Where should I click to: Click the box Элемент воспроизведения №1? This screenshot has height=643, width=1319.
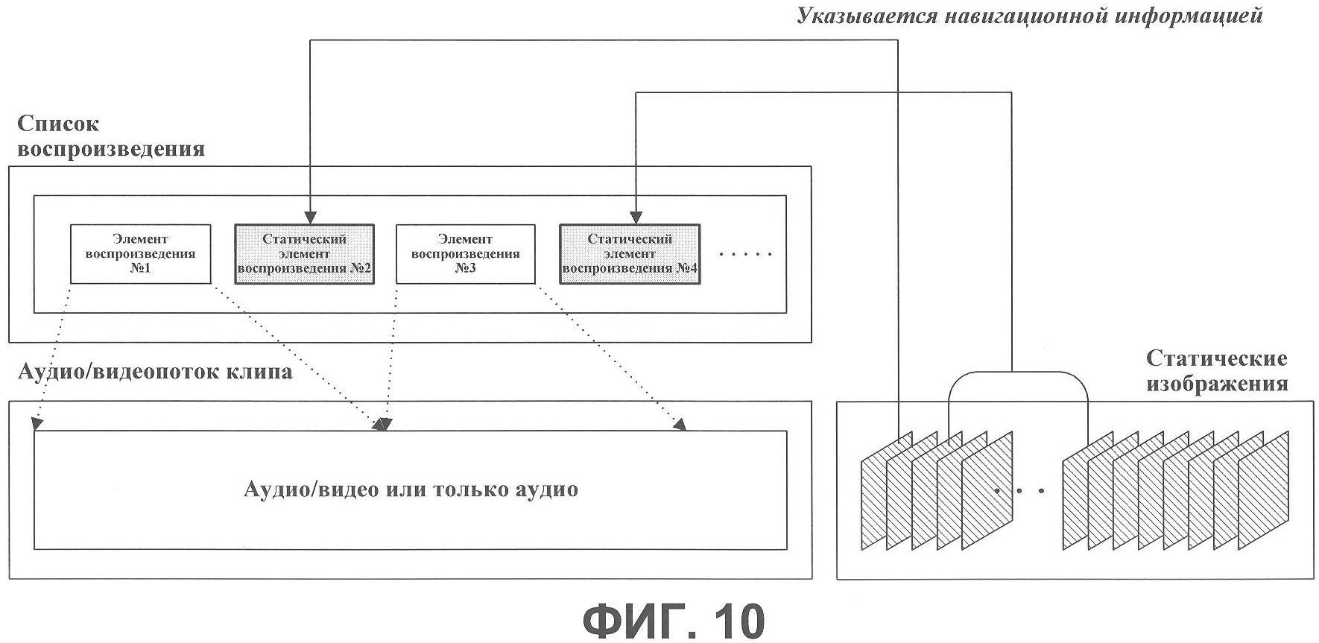click(x=140, y=254)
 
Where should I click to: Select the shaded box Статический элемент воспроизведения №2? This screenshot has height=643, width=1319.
click(x=304, y=254)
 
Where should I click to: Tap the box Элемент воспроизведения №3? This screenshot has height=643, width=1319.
click(x=465, y=254)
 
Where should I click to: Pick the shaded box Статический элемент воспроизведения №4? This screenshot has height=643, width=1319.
click(x=630, y=254)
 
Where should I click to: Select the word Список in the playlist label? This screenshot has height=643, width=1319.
click(x=58, y=123)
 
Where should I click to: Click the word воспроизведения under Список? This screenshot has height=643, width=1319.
click(x=111, y=149)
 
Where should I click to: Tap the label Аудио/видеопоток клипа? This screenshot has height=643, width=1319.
click(x=155, y=371)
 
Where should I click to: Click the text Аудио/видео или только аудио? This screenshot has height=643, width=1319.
click(x=411, y=490)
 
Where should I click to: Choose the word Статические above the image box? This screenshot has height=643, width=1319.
click(x=1216, y=359)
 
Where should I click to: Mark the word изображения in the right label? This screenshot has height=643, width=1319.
click(x=1217, y=384)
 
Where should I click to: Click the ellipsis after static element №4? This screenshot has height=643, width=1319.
click(x=746, y=255)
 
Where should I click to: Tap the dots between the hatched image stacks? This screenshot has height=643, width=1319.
click(x=1019, y=491)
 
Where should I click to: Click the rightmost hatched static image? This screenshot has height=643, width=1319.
click(x=1264, y=490)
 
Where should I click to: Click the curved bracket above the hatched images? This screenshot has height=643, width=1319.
click(x=1018, y=371)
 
